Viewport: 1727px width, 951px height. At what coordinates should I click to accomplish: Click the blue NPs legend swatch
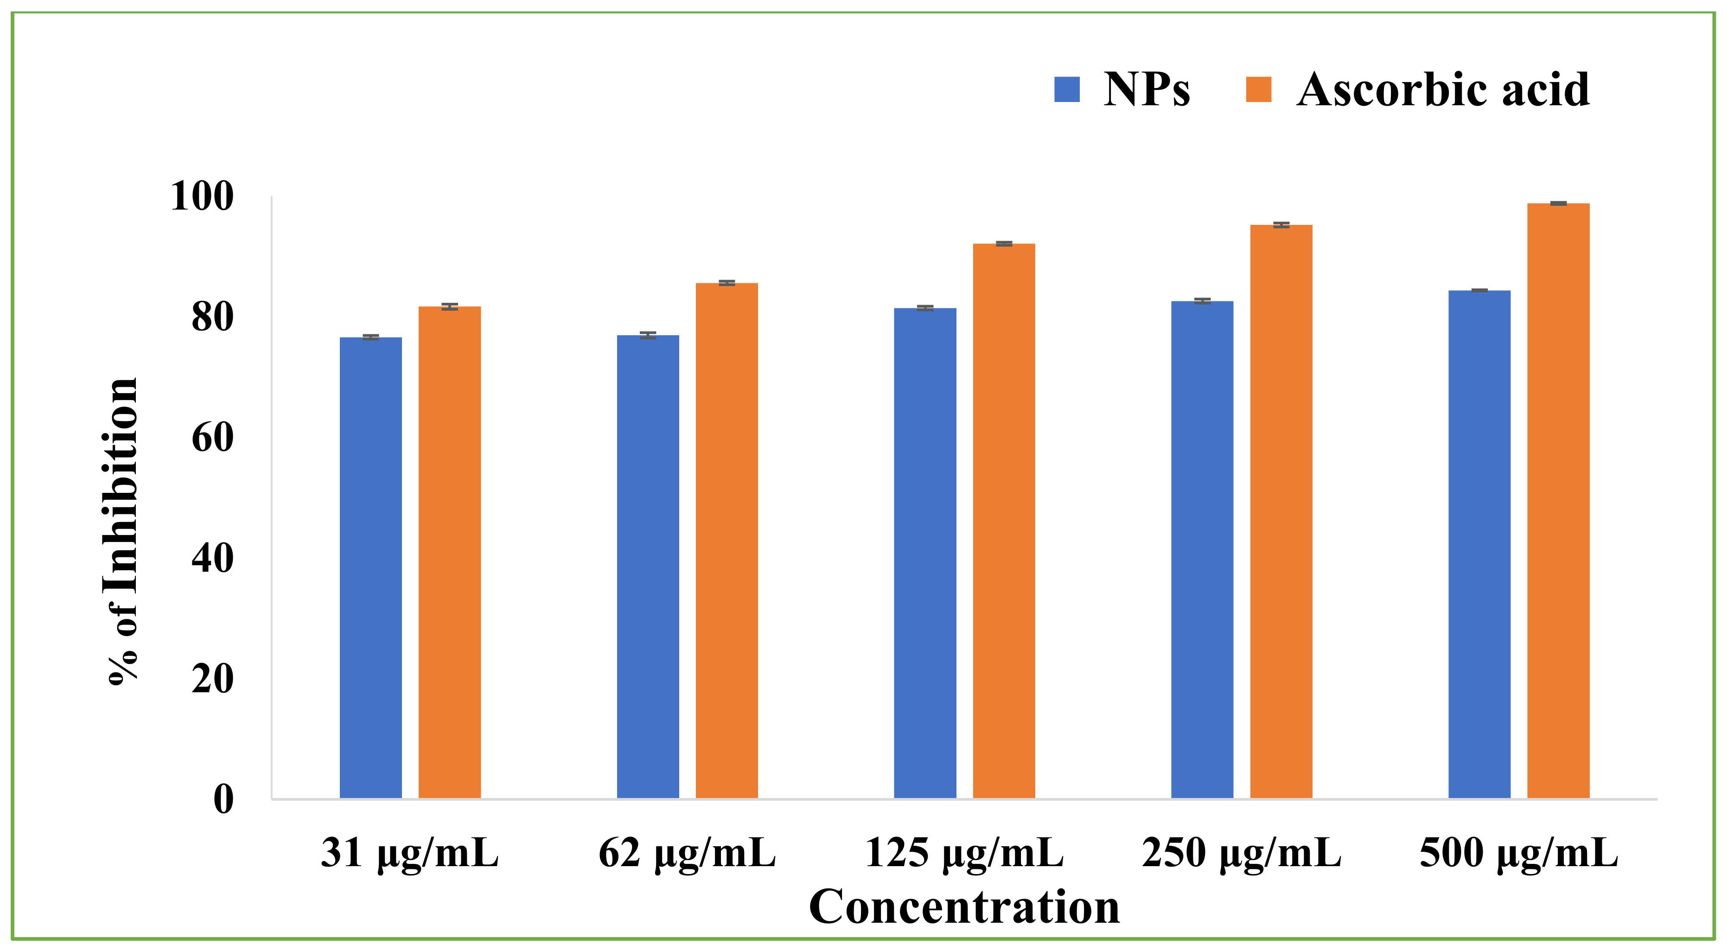(1067, 89)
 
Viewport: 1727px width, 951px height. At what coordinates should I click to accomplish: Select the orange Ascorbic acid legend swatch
(1258, 89)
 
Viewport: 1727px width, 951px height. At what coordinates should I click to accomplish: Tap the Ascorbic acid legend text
(1443, 89)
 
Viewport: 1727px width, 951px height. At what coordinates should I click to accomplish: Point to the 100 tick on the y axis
(203, 197)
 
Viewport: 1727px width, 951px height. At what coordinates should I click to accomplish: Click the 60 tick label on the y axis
(212, 438)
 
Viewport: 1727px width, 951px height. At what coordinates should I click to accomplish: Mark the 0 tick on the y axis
(223, 799)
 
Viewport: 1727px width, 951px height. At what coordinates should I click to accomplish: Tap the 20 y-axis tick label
(212, 679)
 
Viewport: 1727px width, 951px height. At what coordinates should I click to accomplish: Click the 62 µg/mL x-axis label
(687, 854)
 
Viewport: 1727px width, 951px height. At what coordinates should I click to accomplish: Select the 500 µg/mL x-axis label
(1518, 854)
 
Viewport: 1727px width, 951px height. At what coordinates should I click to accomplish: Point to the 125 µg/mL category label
(964, 854)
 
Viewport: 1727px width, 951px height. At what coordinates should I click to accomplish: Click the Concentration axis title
(964, 907)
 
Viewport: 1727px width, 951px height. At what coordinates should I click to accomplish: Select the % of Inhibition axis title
(121, 530)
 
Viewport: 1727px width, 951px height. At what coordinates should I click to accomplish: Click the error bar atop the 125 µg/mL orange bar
(1004, 243)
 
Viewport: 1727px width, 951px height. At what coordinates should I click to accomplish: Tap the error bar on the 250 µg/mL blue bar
(1202, 300)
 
